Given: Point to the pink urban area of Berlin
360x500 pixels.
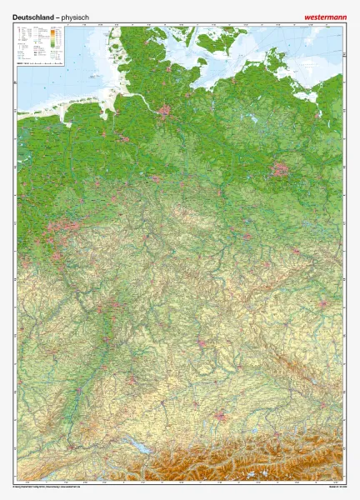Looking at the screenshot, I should (282, 169).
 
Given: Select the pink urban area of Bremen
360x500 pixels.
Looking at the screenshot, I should (122, 132).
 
